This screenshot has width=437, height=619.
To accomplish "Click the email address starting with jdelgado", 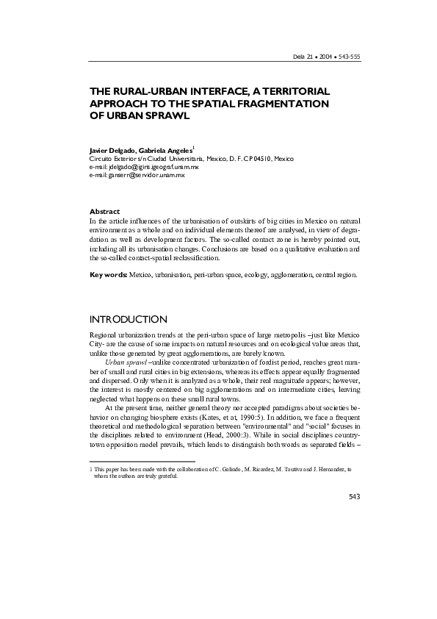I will [x=152, y=168].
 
